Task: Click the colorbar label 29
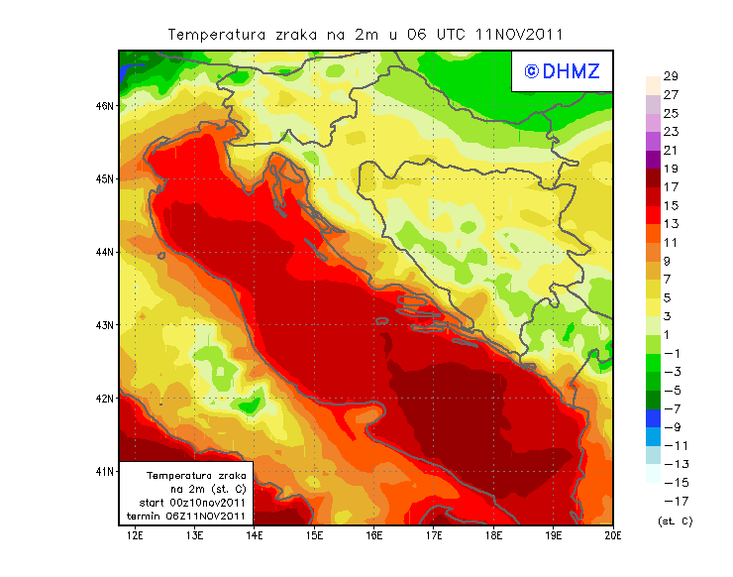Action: pyautogui.click(x=670, y=76)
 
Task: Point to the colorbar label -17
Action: pyautogui.click(x=671, y=501)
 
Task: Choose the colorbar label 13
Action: pyautogui.click(x=670, y=224)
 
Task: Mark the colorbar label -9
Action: pyautogui.click(x=671, y=427)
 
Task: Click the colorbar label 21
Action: pyautogui.click(x=670, y=151)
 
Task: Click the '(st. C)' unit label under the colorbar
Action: pyautogui.click(x=675, y=520)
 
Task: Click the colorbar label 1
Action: pyautogui.click(x=670, y=335)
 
